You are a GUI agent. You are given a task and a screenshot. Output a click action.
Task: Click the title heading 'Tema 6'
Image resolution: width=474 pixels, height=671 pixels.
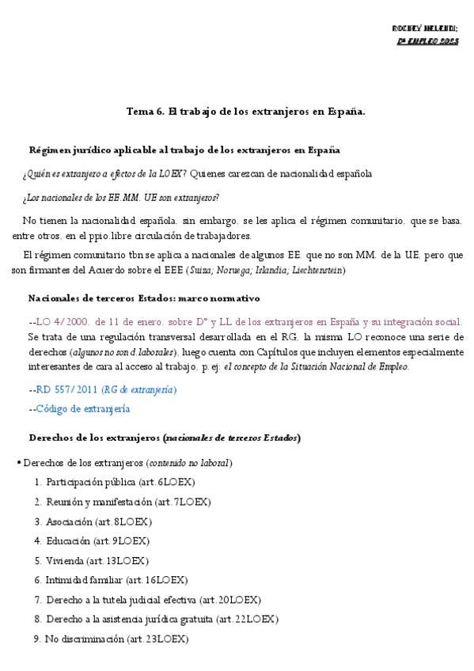(245, 112)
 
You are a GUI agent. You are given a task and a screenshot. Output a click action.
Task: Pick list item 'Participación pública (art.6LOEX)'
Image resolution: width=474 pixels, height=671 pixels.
(120, 482)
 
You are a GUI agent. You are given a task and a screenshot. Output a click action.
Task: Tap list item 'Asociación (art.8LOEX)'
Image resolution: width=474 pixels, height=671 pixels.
(99, 521)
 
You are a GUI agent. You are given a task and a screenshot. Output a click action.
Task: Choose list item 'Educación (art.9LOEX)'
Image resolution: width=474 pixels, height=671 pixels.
(97, 541)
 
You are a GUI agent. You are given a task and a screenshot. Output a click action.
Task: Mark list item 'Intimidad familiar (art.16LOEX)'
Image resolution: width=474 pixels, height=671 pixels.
(116, 580)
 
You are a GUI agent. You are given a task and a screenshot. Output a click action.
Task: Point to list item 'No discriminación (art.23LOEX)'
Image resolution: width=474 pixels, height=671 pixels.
(116, 639)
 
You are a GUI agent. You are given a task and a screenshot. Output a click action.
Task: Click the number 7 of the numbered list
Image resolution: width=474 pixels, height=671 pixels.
(38, 600)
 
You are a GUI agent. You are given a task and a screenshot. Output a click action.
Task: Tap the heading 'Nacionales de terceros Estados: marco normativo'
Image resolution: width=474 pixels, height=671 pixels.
(144, 298)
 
